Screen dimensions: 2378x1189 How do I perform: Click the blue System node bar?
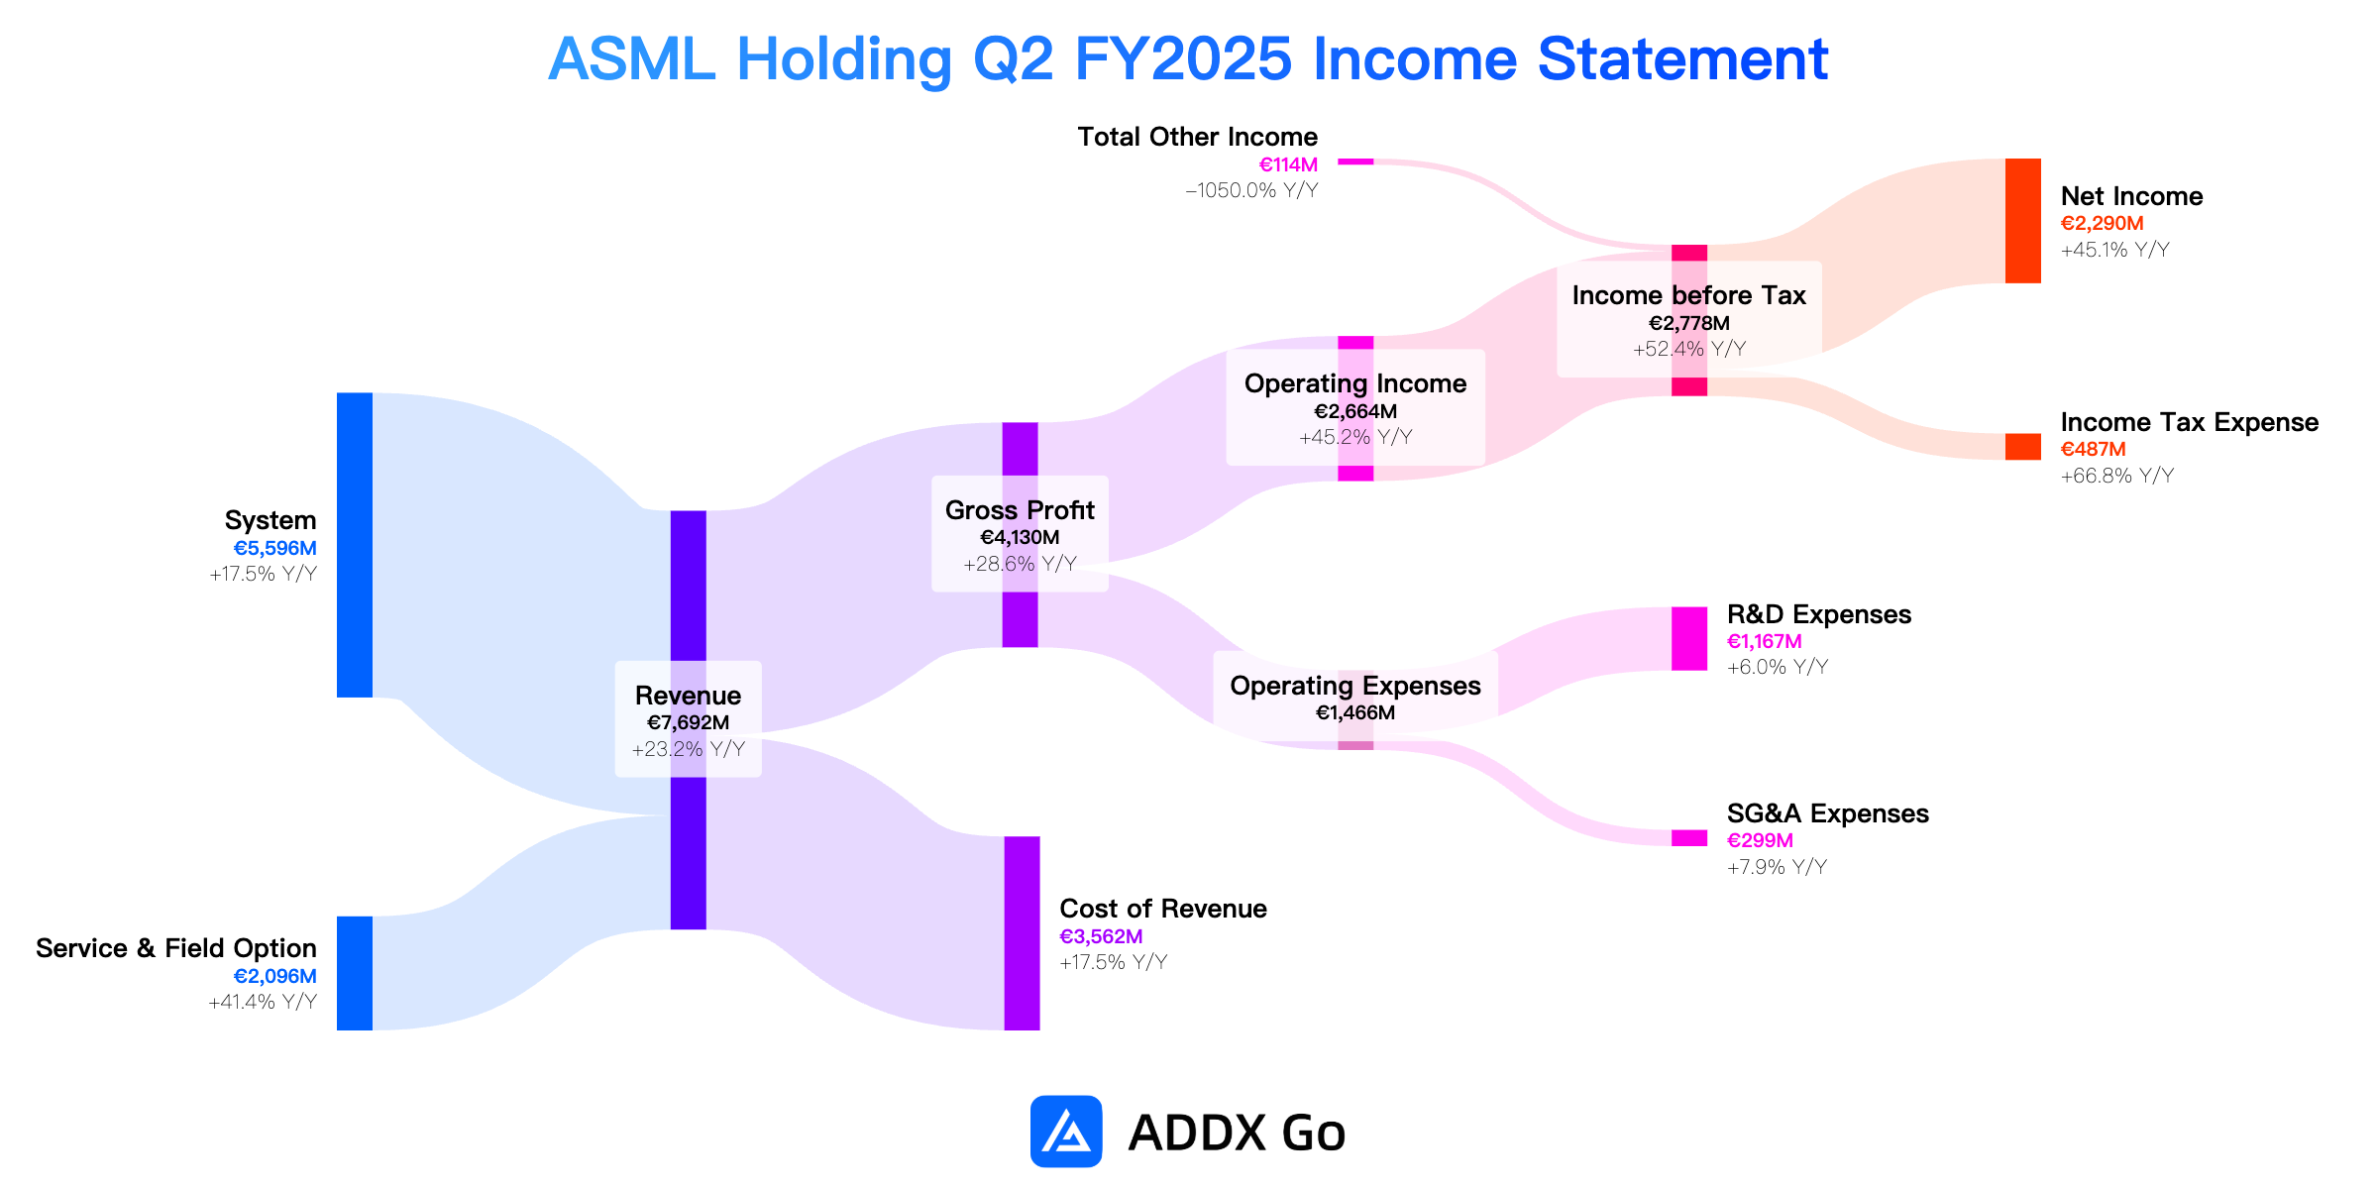(355, 545)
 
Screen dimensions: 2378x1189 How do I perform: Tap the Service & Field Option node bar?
(355, 973)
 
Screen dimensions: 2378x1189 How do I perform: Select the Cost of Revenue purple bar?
(1022, 933)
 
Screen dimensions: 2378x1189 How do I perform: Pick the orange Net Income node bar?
(2023, 221)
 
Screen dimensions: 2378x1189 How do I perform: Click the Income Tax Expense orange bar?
(2023, 447)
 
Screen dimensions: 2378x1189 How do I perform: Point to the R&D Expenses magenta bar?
(1689, 639)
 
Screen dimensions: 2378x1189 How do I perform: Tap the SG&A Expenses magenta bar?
(1689, 838)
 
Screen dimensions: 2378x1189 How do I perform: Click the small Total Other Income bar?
(1355, 162)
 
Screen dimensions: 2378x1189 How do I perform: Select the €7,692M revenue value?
(688, 722)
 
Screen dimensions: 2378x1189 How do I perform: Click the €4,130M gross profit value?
(1020, 537)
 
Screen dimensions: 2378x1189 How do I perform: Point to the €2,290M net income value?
(2102, 224)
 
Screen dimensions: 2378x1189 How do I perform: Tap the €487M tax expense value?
(2093, 450)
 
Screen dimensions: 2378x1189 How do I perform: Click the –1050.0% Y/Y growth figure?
(1251, 190)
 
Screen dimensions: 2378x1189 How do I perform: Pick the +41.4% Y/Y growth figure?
(263, 1002)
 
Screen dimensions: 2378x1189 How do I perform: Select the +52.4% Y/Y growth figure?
(1689, 349)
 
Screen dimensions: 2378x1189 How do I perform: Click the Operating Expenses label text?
(1355, 686)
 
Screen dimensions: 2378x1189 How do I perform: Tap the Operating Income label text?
(1355, 383)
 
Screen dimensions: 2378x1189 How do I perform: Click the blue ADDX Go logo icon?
(1066, 1132)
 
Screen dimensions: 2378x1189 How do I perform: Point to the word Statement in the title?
(1682, 58)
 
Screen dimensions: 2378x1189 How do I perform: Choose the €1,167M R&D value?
(1764, 641)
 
